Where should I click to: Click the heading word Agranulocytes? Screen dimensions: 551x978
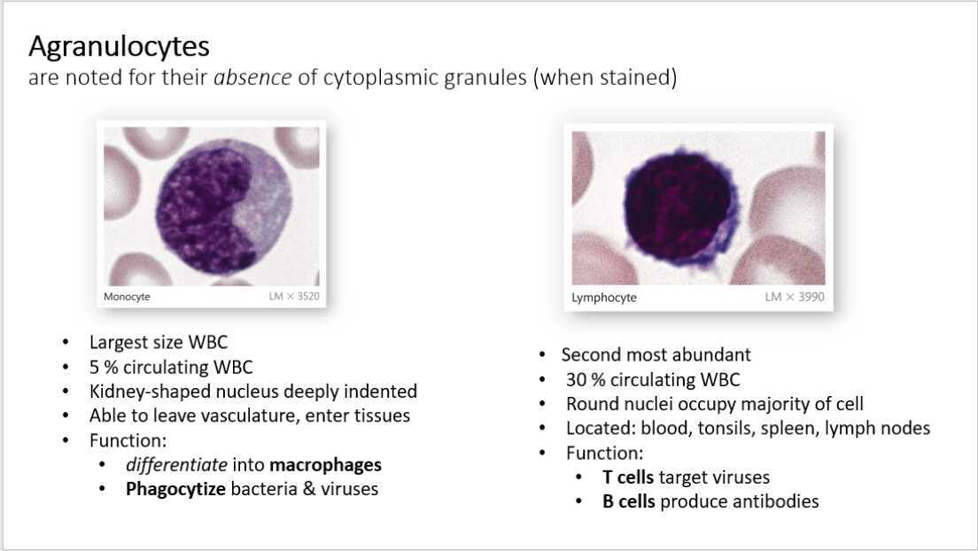coord(119,45)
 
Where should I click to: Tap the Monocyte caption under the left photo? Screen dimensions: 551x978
coord(127,297)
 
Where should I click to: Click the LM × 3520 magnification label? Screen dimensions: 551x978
coord(293,297)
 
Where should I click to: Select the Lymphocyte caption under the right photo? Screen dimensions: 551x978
coord(604,298)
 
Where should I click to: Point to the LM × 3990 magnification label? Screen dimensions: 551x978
coord(794,298)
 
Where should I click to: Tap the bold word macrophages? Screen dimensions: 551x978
coord(325,464)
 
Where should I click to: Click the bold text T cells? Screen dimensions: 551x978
coord(628,477)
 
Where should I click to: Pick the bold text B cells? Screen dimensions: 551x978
coord(628,501)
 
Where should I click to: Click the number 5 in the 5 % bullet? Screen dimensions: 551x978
coord(94,367)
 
